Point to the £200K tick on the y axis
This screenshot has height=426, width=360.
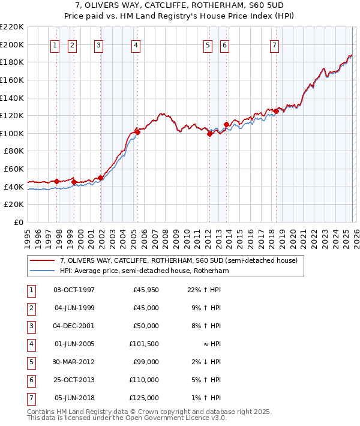tap(12, 44)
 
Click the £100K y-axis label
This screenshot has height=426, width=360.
tap(12, 133)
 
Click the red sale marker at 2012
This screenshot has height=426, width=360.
tap(209, 134)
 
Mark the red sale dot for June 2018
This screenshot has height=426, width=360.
tap(275, 111)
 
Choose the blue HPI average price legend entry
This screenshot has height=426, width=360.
tap(144, 271)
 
